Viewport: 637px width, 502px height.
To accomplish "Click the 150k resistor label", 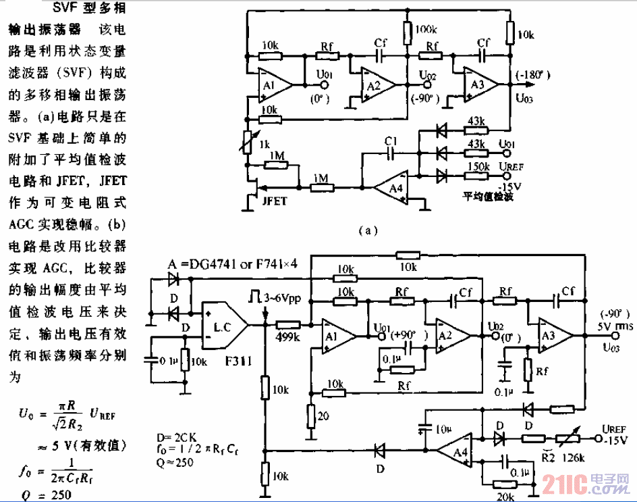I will pos(478,166).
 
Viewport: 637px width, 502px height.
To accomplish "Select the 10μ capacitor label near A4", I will pos(443,428).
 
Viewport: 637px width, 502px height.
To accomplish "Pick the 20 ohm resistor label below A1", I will pos(323,416).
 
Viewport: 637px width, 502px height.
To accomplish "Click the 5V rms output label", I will pos(613,328).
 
